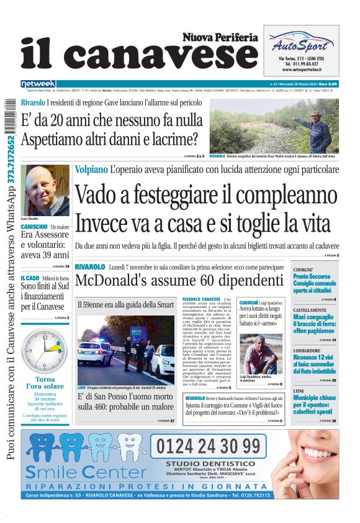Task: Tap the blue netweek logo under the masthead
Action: (x=38, y=84)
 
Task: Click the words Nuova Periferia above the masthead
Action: (x=220, y=37)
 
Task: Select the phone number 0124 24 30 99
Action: (x=209, y=446)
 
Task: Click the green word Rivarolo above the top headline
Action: (x=33, y=101)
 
